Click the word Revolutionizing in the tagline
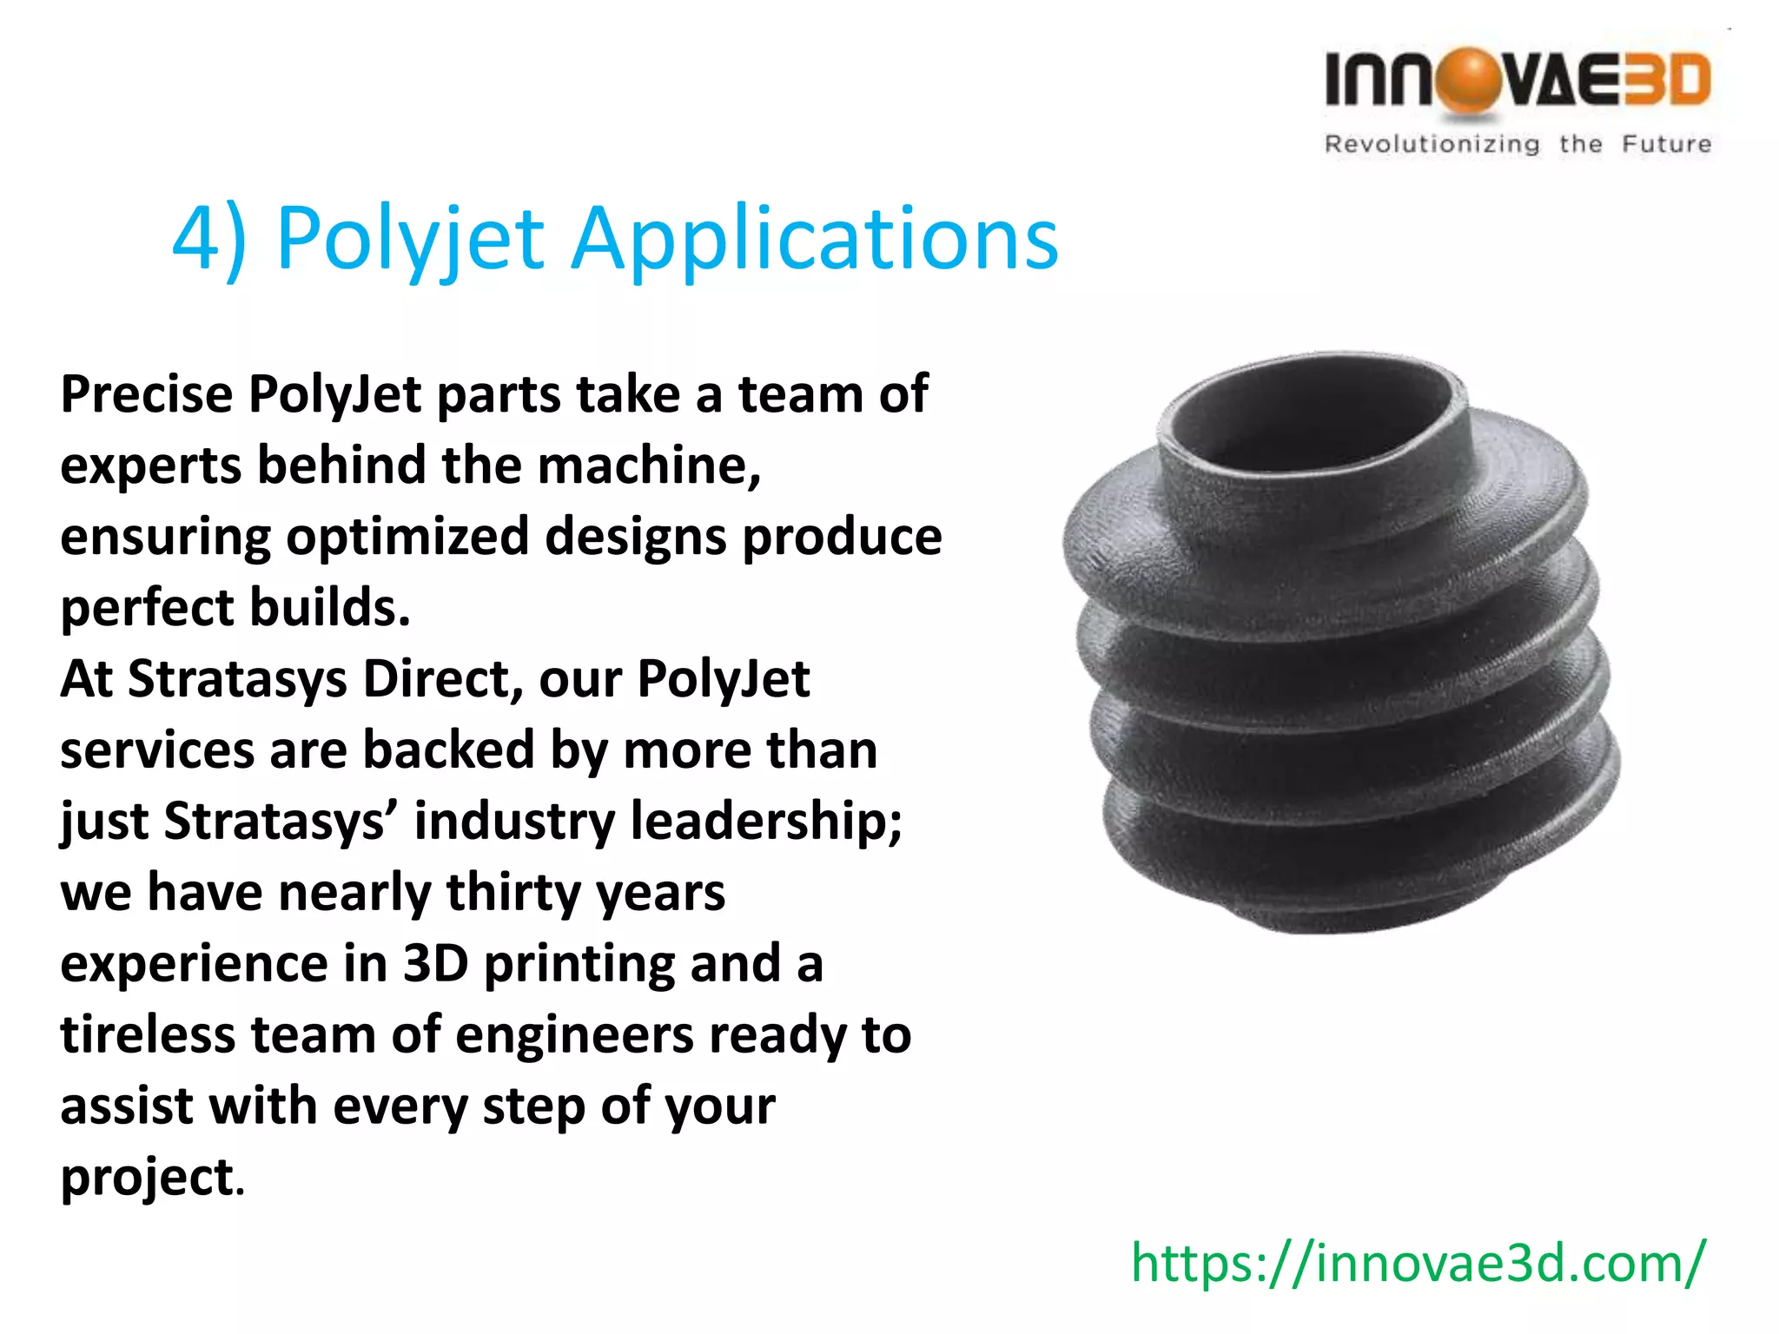(x=1432, y=144)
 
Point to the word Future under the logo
(x=1666, y=143)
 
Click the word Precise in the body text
(x=146, y=394)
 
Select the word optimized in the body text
(x=407, y=538)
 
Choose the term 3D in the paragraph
(x=435, y=963)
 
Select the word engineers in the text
(x=574, y=1036)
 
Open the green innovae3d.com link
(x=1418, y=1263)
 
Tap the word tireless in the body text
(x=148, y=1034)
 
